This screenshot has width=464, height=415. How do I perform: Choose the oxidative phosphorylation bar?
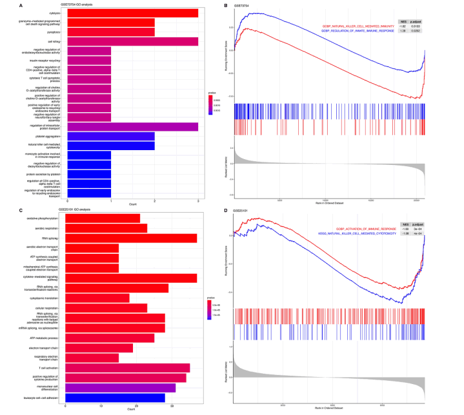(x=104, y=218)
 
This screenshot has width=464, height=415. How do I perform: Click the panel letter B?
(x=224, y=5)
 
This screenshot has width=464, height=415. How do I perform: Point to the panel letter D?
(x=224, y=210)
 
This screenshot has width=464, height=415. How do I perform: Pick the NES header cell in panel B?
(x=403, y=21)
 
